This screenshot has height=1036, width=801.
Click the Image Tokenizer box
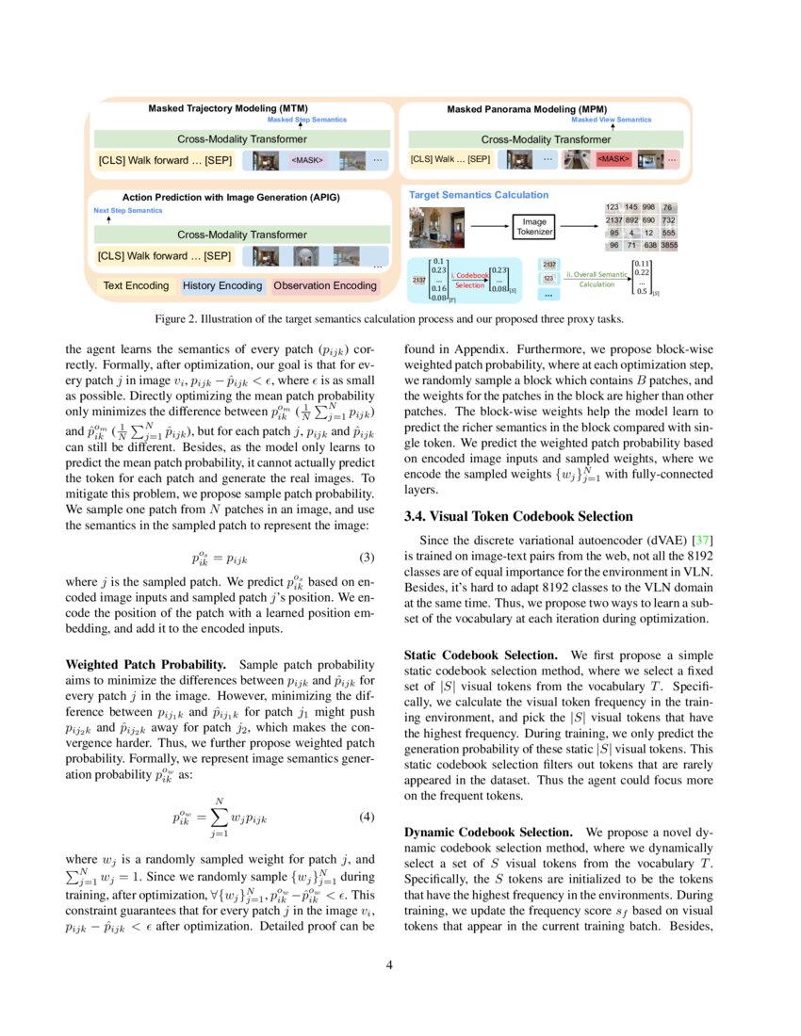534,227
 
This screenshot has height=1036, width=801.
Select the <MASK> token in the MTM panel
307,160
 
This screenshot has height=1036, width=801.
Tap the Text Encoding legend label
136,285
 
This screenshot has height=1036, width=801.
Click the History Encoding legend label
221,285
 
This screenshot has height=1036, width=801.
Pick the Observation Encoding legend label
324,285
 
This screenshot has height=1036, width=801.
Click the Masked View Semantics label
611,120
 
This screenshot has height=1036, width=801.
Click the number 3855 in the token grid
668,245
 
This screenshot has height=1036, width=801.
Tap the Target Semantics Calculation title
478,195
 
